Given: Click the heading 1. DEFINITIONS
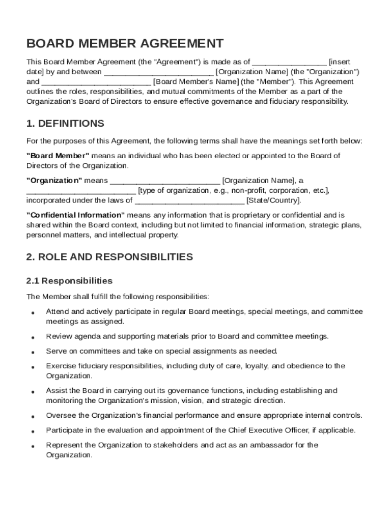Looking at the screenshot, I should (65, 124).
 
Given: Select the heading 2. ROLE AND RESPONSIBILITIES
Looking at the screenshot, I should (109, 257).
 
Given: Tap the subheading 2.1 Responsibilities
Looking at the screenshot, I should (69, 281).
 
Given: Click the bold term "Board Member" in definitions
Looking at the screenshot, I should (58, 156).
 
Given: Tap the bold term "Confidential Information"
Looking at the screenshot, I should (75, 215).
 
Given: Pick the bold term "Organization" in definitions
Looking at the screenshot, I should (54, 181).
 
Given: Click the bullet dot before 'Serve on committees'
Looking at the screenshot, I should (33, 352).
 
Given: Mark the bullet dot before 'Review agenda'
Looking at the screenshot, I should (33, 337).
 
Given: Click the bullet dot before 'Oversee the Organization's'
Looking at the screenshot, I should (33, 417).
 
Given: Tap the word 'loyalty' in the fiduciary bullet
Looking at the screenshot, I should (257, 366).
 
